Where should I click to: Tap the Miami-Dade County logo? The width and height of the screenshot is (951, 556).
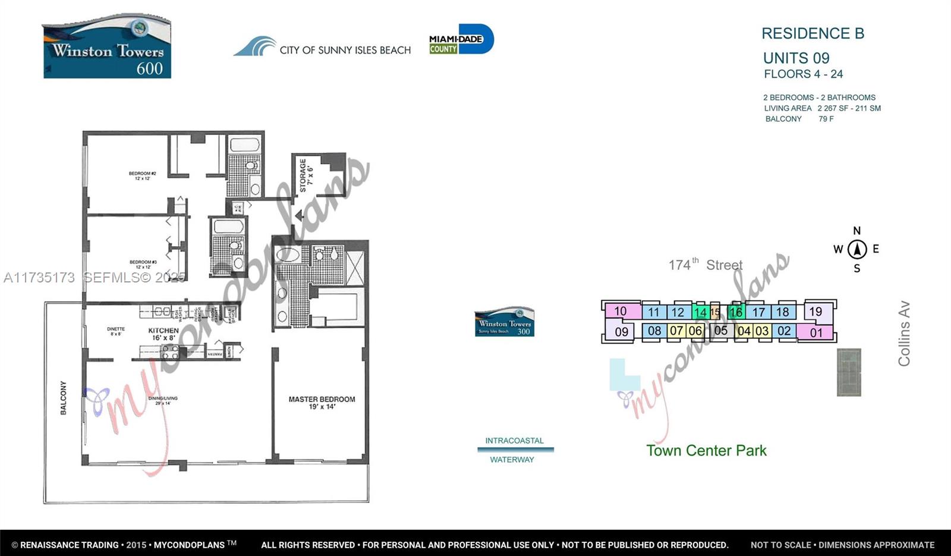(461, 40)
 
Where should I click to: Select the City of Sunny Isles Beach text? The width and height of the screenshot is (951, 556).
(345, 50)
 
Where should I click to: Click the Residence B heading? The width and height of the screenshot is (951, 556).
(813, 33)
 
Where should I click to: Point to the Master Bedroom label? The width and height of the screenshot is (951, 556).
(322, 403)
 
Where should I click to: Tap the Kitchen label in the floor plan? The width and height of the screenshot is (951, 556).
(163, 334)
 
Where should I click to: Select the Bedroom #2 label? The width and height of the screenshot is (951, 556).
(143, 176)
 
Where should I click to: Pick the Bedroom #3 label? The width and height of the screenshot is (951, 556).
(143, 264)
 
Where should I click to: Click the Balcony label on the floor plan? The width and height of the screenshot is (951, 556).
(64, 398)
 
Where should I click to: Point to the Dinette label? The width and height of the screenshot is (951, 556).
(116, 331)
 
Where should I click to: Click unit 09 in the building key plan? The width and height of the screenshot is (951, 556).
(621, 331)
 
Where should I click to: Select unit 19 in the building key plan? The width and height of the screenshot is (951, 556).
(815, 312)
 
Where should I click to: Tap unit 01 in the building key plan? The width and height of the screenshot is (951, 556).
(816, 332)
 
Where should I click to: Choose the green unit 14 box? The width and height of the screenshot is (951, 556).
(700, 312)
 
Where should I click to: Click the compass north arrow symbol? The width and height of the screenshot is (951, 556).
(856, 249)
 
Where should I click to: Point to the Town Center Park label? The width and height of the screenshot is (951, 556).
(706, 450)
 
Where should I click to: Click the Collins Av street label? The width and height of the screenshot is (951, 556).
(904, 334)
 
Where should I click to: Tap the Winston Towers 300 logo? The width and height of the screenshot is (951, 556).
(504, 322)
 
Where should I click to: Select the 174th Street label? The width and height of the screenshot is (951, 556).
(706, 265)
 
